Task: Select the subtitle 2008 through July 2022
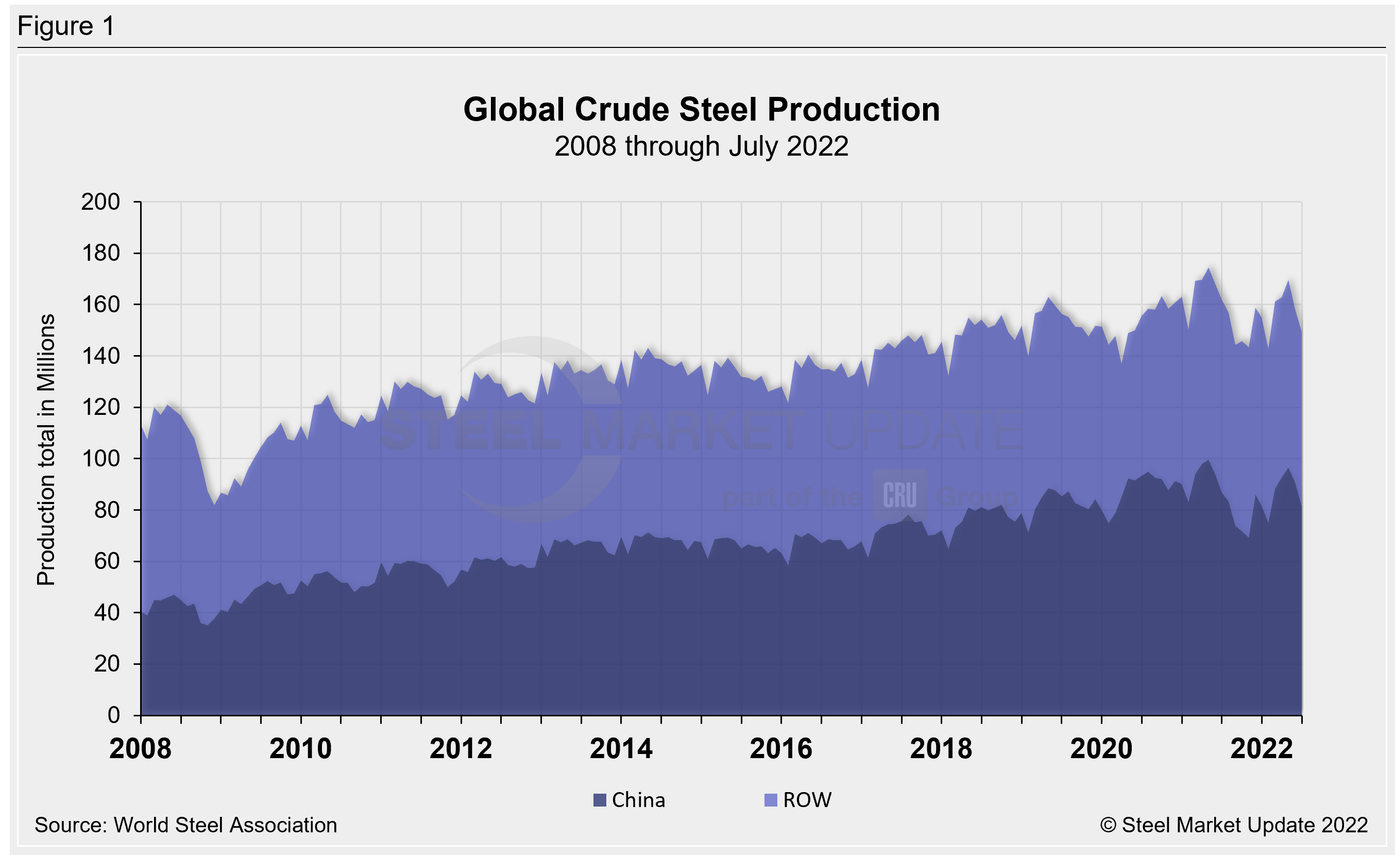tap(702, 146)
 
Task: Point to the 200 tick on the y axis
tap(101, 202)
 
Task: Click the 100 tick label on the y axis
tap(101, 458)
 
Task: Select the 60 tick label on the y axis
tap(107, 561)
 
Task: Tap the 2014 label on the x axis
tap(621, 748)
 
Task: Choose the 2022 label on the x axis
tap(1262, 748)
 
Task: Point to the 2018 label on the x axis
tap(941, 748)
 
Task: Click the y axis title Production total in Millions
tap(46, 450)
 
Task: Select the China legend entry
tap(630, 800)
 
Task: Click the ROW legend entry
tap(798, 800)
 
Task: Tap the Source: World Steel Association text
tap(185, 825)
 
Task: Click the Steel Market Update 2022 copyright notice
tap(1234, 825)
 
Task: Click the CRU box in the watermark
tap(899, 495)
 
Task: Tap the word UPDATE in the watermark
tap(923, 430)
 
